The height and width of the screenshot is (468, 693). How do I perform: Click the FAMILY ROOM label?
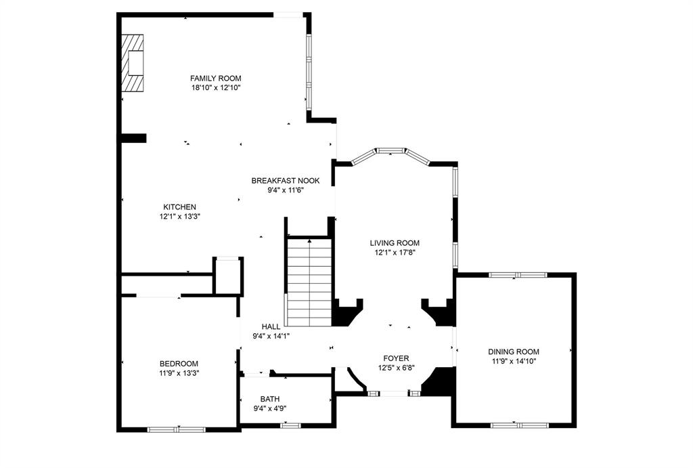(x=216, y=79)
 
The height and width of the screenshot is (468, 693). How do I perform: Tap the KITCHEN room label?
(x=179, y=207)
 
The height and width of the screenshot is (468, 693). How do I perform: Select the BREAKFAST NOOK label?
(x=286, y=180)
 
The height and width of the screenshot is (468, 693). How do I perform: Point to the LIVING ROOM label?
(x=395, y=243)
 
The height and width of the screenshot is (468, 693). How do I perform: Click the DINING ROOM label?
(x=514, y=352)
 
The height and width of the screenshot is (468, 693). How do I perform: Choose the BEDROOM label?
(x=179, y=364)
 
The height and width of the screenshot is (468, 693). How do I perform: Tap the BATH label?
(x=269, y=399)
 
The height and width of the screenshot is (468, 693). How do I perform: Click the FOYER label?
(x=396, y=358)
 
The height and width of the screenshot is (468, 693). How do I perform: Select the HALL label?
(x=271, y=326)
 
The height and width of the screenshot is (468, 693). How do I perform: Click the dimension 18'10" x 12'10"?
(x=216, y=87)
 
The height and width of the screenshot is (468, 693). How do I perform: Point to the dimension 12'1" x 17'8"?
(x=395, y=253)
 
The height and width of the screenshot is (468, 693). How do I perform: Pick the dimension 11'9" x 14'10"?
(x=514, y=361)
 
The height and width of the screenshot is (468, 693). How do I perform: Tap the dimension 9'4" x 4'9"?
(x=269, y=408)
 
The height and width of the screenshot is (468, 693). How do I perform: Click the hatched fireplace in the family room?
(x=133, y=63)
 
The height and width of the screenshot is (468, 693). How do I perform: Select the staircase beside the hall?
(x=309, y=282)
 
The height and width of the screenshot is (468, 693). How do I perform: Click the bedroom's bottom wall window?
(x=177, y=429)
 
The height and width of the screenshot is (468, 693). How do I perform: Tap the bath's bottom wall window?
(x=290, y=425)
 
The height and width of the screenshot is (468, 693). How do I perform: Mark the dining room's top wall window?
(x=518, y=275)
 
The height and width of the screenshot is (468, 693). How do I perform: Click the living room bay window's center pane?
(x=391, y=151)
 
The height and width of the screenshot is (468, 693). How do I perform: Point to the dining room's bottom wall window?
(x=519, y=425)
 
